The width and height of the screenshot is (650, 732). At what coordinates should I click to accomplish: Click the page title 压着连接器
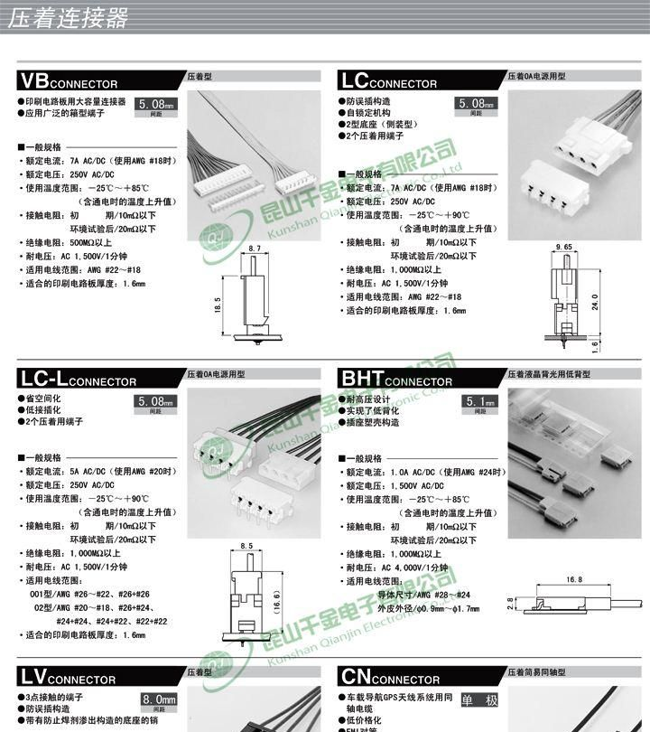point(68,19)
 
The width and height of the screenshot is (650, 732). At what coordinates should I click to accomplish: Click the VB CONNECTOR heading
point(69,80)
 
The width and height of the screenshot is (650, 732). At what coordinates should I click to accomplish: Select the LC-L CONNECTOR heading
point(78,378)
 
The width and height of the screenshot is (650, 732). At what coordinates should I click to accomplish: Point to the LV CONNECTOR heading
point(69,676)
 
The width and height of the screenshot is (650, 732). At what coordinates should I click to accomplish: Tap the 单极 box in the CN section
point(478,699)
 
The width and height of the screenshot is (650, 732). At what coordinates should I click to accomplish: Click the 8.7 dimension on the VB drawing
point(253,248)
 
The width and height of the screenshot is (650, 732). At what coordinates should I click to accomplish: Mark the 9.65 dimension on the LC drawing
point(565,247)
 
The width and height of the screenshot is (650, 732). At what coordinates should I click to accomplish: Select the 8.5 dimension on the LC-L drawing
point(246,545)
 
